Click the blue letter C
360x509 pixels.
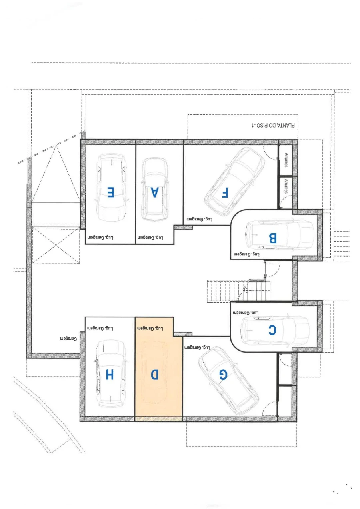tap(272, 330)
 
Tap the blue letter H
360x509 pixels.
tap(110, 375)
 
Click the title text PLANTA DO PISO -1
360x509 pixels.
tap(273, 125)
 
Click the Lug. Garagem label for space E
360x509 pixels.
tap(100, 238)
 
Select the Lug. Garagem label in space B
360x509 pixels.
tap(247, 254)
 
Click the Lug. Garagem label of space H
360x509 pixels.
tap(100, 328)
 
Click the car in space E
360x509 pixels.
tap(111, 188)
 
